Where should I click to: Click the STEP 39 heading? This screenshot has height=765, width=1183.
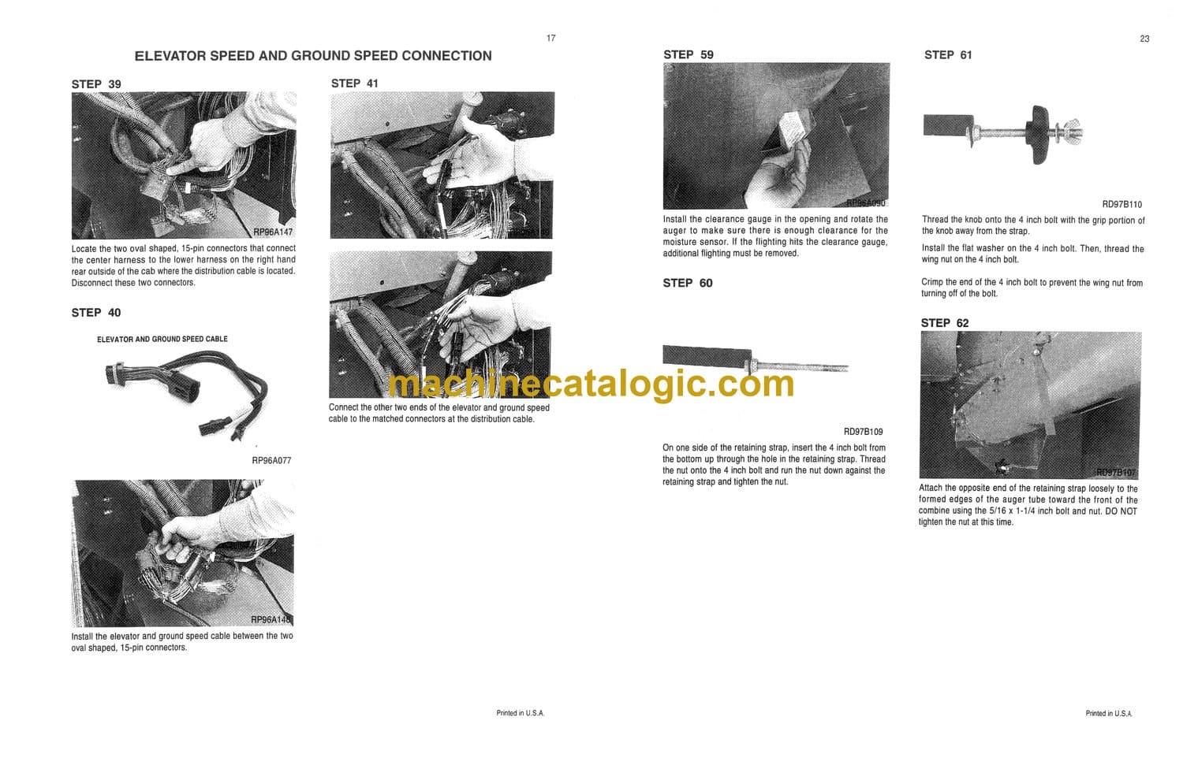click(x=96, y=84)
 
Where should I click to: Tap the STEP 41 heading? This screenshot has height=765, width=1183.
click(x=355, y=84)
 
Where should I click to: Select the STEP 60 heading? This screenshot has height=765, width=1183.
click(x=688, y=284)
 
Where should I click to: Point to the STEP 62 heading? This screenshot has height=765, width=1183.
click(x=945, y=323)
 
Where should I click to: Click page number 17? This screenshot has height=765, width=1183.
click(x=550, y=38)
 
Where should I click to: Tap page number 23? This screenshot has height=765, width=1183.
click(x=1144, y=39)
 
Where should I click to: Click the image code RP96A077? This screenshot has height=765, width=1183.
click(x=271, y=461)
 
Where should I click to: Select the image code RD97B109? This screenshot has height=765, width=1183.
click(x=864, y=432)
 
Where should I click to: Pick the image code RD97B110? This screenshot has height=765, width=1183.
click(x=1121, y=204)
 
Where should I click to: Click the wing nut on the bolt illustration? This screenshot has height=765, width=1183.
click(x=1071, y=132)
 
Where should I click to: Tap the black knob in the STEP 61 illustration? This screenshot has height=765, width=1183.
click(x=1038, y=135)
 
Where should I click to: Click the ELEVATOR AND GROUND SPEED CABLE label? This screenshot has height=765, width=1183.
click(x=162, y=340)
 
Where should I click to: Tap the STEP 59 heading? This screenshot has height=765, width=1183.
click(x=689, y=55)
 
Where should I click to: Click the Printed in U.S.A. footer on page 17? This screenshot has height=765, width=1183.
click(x=521, y=713)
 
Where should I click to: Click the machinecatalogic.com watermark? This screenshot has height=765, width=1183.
click(x=591, y=384)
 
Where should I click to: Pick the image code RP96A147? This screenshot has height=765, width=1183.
click(x=273, y=232)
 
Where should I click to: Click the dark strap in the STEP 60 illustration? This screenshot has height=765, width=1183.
click(x=707, y=356)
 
